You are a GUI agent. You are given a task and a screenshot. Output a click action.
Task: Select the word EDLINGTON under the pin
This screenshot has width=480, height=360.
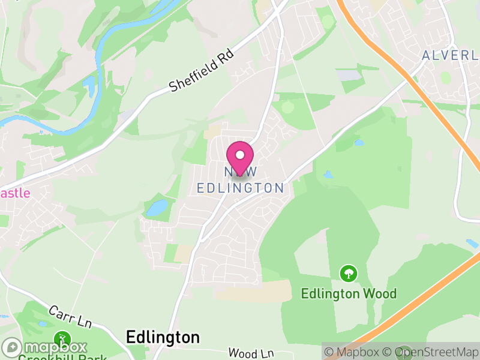pyautogui.click(x=241, y=188)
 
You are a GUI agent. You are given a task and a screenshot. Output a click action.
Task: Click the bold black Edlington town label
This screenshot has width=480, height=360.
pyautogui.click(x=163, y=337)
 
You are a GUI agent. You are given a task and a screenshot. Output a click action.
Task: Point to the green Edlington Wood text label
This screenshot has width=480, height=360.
pyautogui.click(x=349, y=293)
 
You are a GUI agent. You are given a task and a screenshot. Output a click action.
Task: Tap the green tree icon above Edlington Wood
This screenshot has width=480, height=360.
pyautogui.click(x=348, y=274)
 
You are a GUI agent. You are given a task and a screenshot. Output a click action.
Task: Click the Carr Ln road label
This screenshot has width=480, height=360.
pyautogui.click(x=70, y=316)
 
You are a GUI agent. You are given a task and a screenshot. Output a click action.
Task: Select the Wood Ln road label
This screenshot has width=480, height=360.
pyautogui.click(x=252, y=353)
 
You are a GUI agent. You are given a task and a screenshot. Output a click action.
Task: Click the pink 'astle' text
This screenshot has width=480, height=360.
pyautogui.click(x=14, y=193)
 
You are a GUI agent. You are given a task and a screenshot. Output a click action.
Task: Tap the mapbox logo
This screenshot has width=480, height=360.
pyautogui.click(x=45, y=347)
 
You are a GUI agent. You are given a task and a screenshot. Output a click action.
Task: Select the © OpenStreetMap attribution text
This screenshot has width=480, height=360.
pyautogui.click(x=431, y=352)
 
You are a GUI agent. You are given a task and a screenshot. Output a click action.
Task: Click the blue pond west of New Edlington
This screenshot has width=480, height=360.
pyautogui.click(x=157, y=208)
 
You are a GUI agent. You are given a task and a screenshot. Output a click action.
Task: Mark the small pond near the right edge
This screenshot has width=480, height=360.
pyautogui.click(x=472, y=243)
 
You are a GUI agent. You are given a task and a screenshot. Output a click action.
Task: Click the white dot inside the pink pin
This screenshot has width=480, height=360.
pyautogui.click(x=240, y=155)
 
